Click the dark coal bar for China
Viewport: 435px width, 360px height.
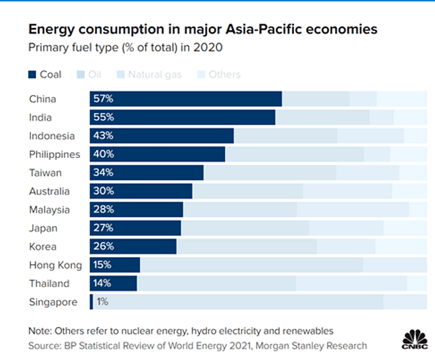point(186,99)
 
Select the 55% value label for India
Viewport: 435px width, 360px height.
point(103,118)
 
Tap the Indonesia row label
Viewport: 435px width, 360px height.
point(52,136)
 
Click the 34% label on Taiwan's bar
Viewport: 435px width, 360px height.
point(103,173)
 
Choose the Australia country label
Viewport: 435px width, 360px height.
point(49,192)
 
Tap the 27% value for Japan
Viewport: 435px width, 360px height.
point(103,228)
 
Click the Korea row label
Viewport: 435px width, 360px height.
point(43,247)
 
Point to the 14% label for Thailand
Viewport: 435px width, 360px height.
point(103,284)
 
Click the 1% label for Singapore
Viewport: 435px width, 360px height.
point(102,302)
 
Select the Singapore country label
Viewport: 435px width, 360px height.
point(53,302)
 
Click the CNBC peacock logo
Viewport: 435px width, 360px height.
point(414,339)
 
